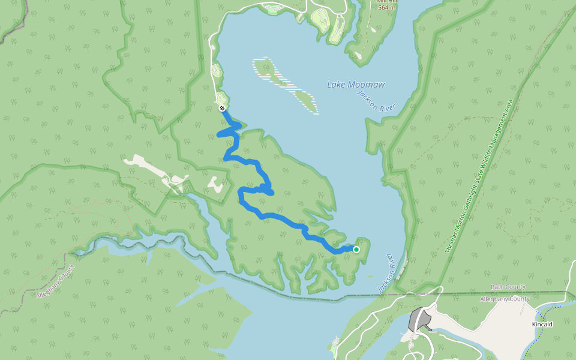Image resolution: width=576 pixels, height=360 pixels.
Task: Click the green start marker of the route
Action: [x=356, y=250]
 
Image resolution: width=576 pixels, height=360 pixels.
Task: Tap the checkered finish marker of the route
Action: [x=222, y=108]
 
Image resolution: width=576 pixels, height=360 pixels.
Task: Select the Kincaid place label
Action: [x=542, y=324]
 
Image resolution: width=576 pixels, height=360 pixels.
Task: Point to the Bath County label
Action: [x=508, y=287]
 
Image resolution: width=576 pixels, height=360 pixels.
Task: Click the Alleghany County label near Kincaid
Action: [x=505, y=299]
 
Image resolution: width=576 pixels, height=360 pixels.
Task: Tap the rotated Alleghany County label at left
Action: [x=55, y=282]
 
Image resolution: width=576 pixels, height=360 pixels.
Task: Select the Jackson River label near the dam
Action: [x=388, y=273]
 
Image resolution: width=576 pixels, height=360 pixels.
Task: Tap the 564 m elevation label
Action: [x=387, y=7]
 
